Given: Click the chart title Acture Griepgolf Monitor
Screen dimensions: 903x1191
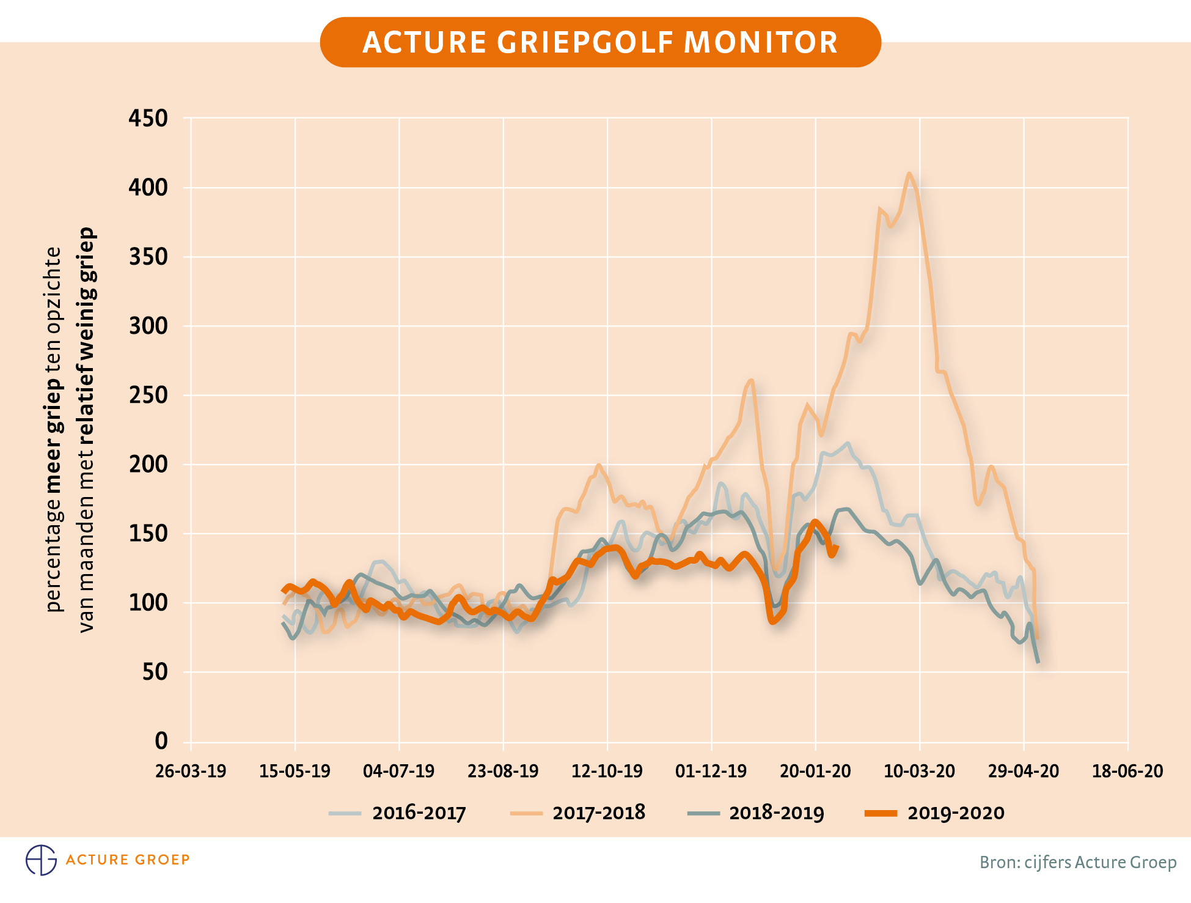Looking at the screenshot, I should pos(600,42).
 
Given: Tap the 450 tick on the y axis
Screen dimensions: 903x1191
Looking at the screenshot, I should pos(148,118).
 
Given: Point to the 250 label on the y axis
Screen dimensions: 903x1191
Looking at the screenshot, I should pos(148,395).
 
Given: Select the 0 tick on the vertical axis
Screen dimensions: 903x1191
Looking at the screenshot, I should pos(161,741).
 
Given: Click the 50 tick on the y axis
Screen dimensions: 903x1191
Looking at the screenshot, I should pos(155,672).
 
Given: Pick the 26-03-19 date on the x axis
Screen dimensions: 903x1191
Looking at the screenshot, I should pos(191,771).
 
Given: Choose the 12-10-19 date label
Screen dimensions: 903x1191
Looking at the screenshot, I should pos(607,771).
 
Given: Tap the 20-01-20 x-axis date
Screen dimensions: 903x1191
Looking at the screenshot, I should pos(815,771).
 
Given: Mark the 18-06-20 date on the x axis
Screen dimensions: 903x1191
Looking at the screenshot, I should pos(1127,771).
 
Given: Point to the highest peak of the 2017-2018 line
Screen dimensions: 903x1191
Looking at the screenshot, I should pos(909,174).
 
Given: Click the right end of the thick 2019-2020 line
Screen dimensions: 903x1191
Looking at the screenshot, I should pos(836,547).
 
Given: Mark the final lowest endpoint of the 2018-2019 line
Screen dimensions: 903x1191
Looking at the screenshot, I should pos(1038,662).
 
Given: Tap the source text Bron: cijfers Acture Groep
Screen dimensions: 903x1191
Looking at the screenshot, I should pos(1078,862).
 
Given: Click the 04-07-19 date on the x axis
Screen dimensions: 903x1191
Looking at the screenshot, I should pos(398,771).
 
